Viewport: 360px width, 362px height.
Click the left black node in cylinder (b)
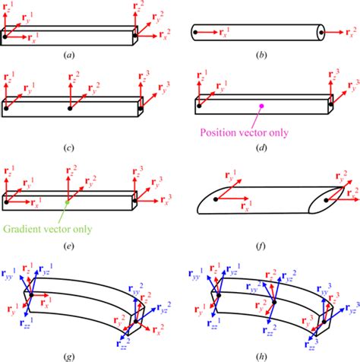(x=199, y=33)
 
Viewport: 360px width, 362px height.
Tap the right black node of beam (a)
(x=136, y=34)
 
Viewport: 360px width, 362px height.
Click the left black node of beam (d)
(x=199, y=106)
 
